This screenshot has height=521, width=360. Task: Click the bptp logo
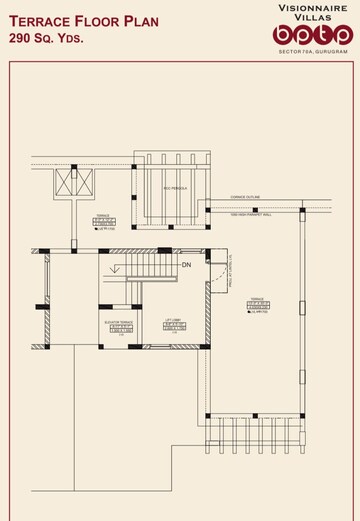pyautogui.click(x=312, y=36)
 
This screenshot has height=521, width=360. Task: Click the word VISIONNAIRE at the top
pyautogui.click(x=312, y=6)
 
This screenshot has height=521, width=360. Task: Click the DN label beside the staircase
pyautogui.click(x=186, y=265)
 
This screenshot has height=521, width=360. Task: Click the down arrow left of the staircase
pyautogui.click(x=117, y=267)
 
